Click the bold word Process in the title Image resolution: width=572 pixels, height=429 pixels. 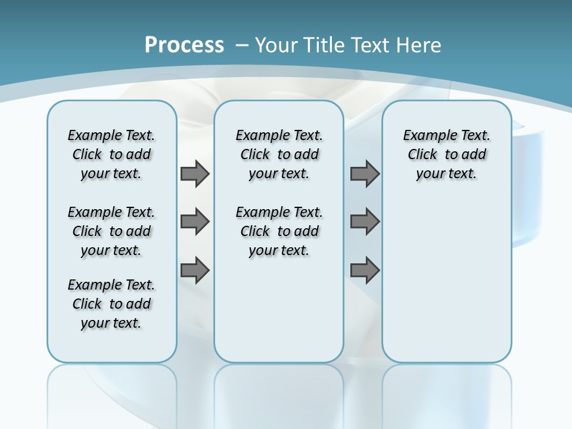(184, 45)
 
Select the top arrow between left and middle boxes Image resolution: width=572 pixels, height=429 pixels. (195, 173)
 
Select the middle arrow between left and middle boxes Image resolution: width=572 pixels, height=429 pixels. (195, 222)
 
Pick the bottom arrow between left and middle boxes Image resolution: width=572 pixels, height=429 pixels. (195, 271)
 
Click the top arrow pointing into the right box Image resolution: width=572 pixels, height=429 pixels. (365, 173)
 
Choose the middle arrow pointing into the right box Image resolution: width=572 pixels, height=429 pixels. (365, 222)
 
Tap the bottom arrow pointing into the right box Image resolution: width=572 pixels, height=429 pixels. (365, 271)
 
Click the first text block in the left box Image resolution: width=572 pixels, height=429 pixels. (111, 154)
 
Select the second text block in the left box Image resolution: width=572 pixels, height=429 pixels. (111, 231)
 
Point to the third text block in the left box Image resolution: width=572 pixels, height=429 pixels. (111, 304)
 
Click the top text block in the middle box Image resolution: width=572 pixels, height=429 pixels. (279, 154)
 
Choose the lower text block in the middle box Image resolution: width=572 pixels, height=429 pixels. (279, 231)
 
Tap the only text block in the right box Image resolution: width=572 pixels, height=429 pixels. (446, 154)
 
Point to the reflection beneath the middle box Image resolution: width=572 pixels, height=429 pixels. (279, 387)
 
